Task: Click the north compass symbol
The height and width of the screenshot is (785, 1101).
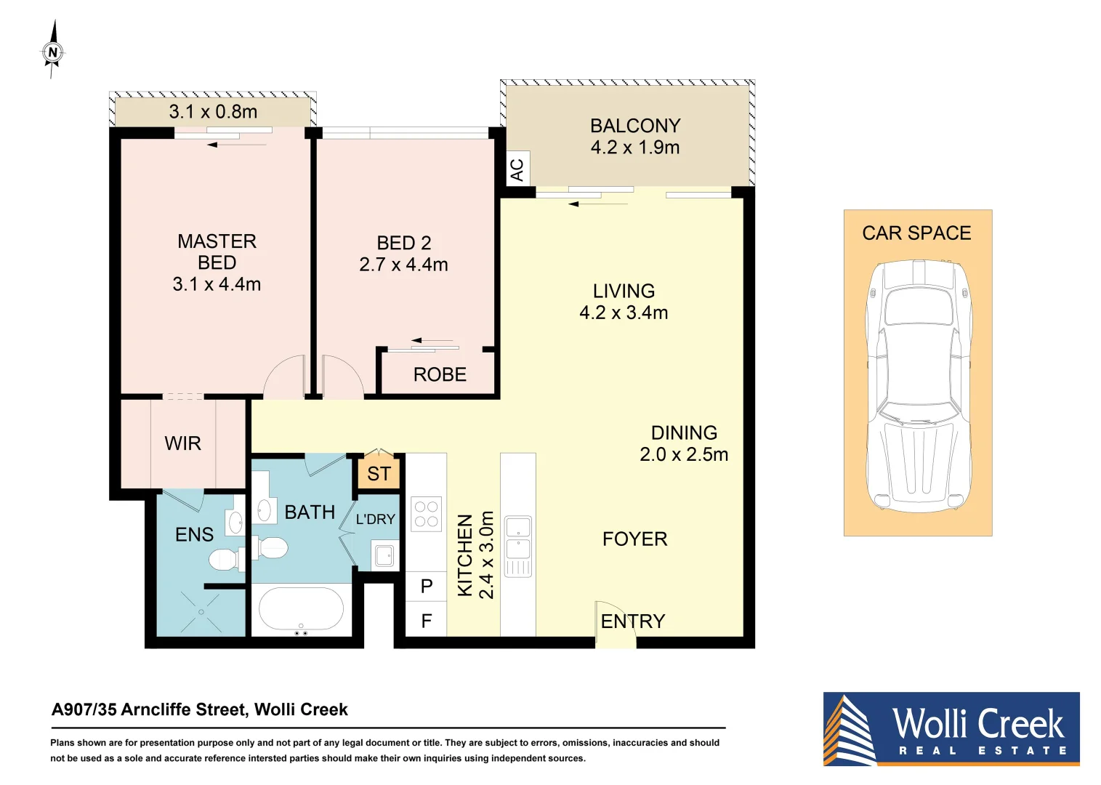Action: click(x=52, y=52)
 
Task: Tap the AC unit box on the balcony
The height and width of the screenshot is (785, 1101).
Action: click(x=517, y=169)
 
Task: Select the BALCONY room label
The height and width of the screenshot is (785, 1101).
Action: click(x=635, y=126)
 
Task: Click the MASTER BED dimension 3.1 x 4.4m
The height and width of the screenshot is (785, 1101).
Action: click(x=217, y=284)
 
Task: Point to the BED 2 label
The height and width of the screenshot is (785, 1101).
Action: click(x=403, y=243)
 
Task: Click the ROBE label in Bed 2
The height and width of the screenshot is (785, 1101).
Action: click(x=440, y=374)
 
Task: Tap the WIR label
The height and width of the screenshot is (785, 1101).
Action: click(x=182, y=443)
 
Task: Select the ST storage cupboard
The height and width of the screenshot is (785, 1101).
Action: click(x=379, y=474)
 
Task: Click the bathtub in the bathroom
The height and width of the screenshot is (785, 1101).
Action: click(x=302, y=609)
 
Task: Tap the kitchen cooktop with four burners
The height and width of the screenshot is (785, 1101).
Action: click(x=427, y=514)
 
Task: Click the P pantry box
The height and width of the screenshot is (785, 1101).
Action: click(x=427, y=587)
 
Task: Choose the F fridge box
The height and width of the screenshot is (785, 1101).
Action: click(x=427, y=621)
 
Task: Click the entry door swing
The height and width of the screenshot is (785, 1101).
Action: click(x=614, y=625)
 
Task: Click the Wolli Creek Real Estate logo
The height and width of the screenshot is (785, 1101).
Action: click(x=951, y=728)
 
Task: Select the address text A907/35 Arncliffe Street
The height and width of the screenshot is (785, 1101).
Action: click(x=200, y=709)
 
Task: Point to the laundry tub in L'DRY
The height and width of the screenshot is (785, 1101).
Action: click(x=384, y=555)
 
